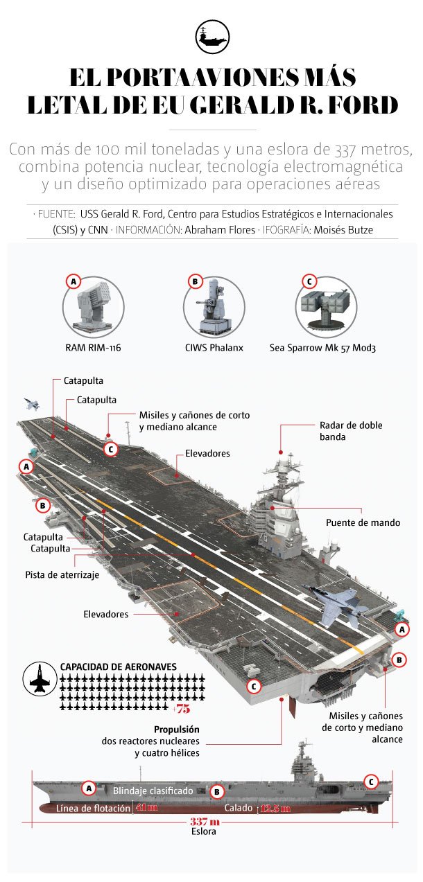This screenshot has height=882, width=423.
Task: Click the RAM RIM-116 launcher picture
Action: (92, 308)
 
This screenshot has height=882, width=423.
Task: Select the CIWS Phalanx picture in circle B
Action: (214, 308)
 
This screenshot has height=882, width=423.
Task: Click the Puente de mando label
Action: (363, 522)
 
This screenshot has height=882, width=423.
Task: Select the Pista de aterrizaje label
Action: (62, 574)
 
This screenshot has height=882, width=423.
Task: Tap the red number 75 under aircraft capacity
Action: (182, 708)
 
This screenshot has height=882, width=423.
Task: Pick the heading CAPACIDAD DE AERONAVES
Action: (119, 666)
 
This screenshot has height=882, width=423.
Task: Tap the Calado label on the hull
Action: (238, 808)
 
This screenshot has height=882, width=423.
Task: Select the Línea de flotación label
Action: (93, 808)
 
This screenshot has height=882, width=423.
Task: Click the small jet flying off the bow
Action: (31, 404)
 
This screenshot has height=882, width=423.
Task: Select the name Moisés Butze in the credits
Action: (348, 229)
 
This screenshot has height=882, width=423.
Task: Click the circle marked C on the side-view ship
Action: (371, 782)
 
